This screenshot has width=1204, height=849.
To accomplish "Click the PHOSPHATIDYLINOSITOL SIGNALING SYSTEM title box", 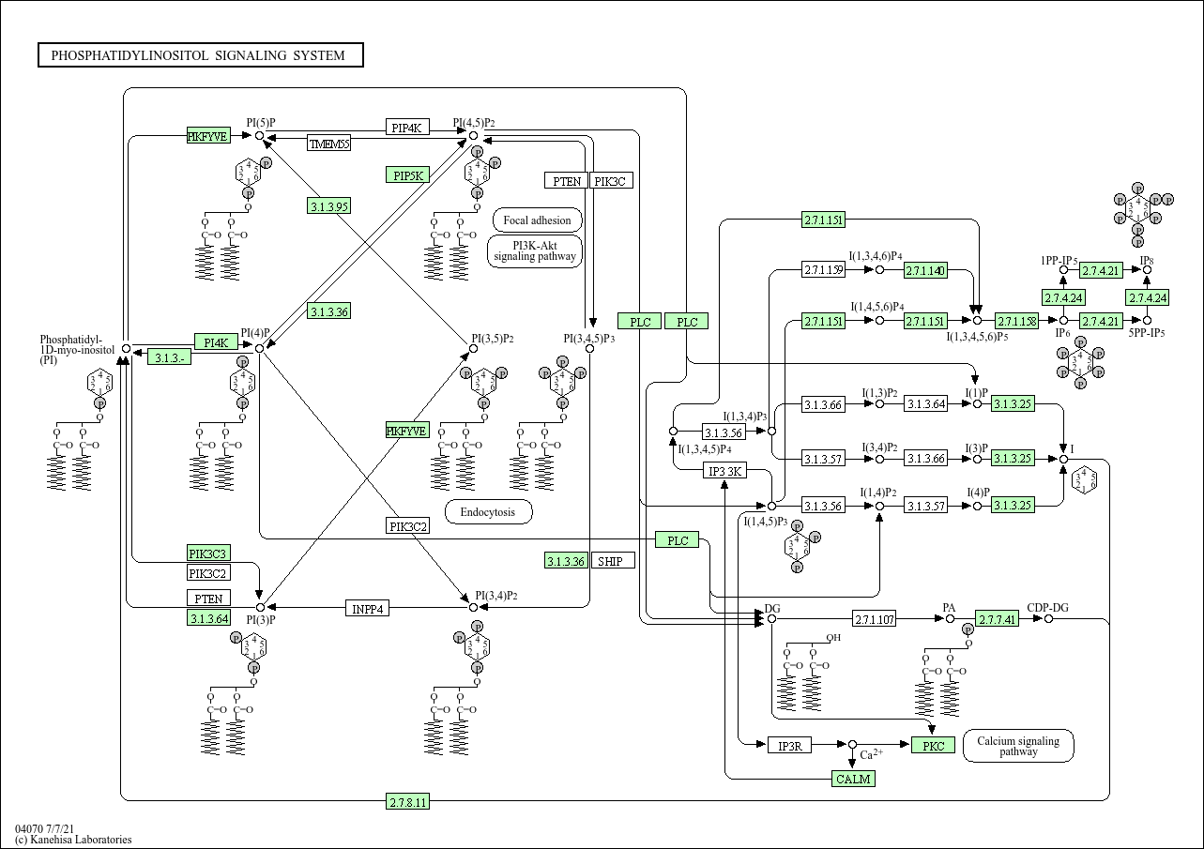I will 200,55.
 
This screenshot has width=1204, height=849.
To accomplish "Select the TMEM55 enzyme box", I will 328,144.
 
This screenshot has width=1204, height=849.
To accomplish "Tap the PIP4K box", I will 407,128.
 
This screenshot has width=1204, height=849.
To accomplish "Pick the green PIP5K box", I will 407,175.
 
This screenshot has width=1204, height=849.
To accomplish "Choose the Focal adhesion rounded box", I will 537,220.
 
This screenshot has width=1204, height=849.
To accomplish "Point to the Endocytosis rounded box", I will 488,512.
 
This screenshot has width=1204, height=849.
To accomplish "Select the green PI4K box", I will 216,341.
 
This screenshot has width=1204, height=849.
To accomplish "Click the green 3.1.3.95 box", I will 328,206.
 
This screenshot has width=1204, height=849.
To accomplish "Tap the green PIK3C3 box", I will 208,553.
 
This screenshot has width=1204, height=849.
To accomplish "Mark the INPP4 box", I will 368,608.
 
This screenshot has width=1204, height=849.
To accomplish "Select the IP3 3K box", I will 724,471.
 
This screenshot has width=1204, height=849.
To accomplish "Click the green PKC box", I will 933,746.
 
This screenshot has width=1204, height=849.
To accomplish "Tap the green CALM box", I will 853,779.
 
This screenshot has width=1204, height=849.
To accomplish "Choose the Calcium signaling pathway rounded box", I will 1018,746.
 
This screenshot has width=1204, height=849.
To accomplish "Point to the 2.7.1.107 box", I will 874,619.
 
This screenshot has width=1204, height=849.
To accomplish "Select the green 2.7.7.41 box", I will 997,619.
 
